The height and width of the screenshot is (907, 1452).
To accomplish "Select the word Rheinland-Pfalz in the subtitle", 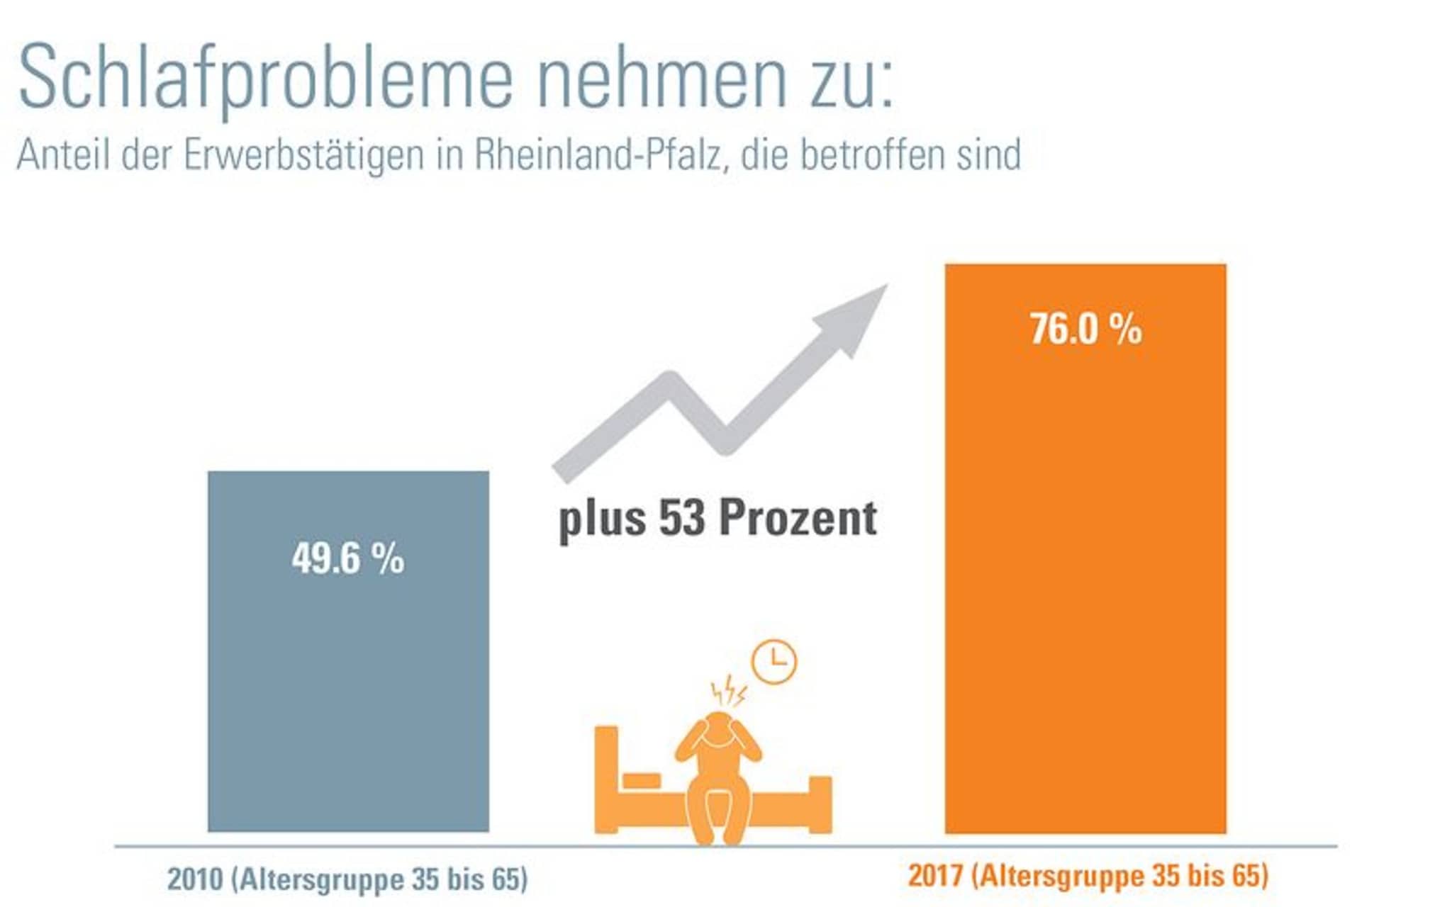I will click(x=597, y=154).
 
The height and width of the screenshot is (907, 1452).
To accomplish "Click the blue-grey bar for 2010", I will click(x=348, y=694).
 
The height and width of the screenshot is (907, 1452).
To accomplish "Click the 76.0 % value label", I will click(x=1085, y=329).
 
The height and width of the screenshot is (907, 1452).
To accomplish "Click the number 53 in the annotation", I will click(x=681, y=518).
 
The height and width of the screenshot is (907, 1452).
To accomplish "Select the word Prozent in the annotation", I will click(x=798, y=518).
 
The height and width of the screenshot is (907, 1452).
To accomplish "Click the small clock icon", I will click(x=774, y=662).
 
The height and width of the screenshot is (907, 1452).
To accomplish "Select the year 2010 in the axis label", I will click(x=195, y=879).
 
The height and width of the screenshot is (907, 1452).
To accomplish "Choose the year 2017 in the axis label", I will click(x=935, y=876).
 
